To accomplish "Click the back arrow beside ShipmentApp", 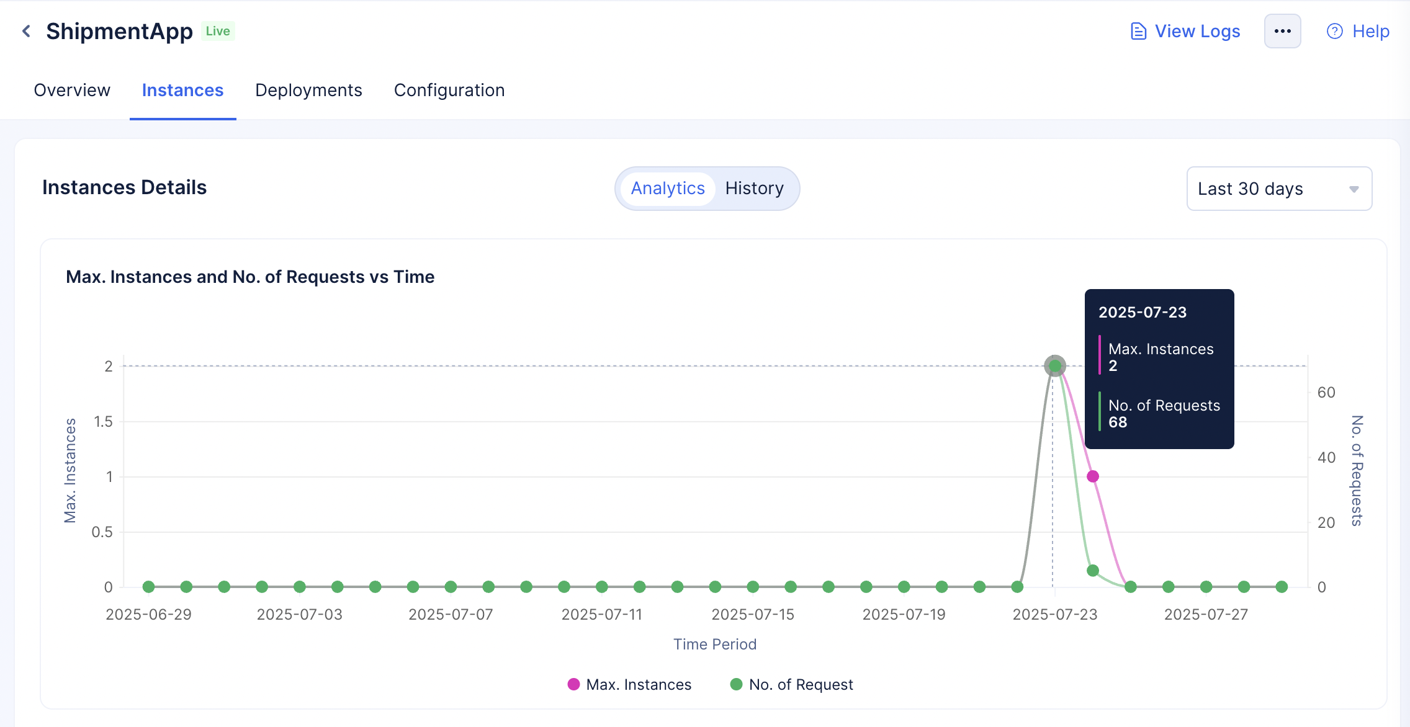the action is [26, 31].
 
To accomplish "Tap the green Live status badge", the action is [218, 31].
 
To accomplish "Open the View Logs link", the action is [1185, 31].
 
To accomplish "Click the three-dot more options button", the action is [1282, 31].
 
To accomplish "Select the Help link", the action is [1358, 31].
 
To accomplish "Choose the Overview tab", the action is [72, 91].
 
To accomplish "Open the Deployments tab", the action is [308, 91].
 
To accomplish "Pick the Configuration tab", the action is [449, 91].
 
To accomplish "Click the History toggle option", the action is [755, 189].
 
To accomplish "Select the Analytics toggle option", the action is [668, 189].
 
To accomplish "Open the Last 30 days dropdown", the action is [1279, 189].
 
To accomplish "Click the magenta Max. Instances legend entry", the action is [629, 684].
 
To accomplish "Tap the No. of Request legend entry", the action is [792, 684].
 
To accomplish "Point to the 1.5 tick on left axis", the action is [103, 422].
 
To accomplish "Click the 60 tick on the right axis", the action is [1326, 393].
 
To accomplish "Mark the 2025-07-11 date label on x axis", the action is [602, 614].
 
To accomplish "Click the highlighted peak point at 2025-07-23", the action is [1055, 366].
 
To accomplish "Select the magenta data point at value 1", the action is [1093, 476].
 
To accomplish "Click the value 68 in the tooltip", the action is [1118, 422].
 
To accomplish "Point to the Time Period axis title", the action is [715, 644].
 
